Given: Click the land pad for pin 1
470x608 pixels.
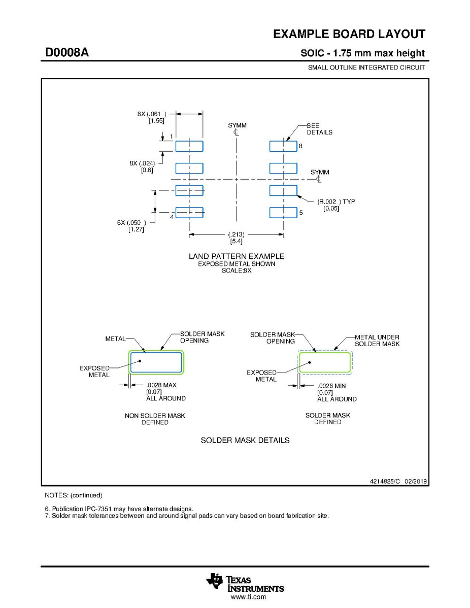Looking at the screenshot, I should [189, 146].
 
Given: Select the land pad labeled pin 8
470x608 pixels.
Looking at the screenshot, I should [283, 146].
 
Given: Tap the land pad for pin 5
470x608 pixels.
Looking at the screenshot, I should [283, 212].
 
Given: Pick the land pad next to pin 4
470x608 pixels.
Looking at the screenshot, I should [189, 212].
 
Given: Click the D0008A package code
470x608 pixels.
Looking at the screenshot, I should [67, 52].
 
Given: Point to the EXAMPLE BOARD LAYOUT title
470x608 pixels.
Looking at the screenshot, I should [349, 35].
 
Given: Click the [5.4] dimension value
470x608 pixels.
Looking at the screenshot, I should [237, 241].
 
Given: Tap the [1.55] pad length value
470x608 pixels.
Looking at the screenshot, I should [156, 121].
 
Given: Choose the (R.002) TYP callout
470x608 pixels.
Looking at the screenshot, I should [336, 201].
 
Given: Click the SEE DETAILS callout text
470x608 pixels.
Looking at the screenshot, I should [319, 129].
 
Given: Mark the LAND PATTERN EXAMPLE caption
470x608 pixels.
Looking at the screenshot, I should [237, 256].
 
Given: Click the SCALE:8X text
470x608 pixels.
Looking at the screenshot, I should [237, 271].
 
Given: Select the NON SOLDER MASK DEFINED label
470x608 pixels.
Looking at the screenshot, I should [155, 419].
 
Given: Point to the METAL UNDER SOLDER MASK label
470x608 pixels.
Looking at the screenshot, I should [377, 341].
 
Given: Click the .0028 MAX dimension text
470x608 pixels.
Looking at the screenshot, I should [161, 386].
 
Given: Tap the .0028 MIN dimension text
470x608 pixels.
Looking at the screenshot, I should [332, 386].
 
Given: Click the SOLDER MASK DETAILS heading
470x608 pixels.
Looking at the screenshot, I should [245, 440].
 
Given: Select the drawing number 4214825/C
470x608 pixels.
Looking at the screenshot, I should [386, 481].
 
